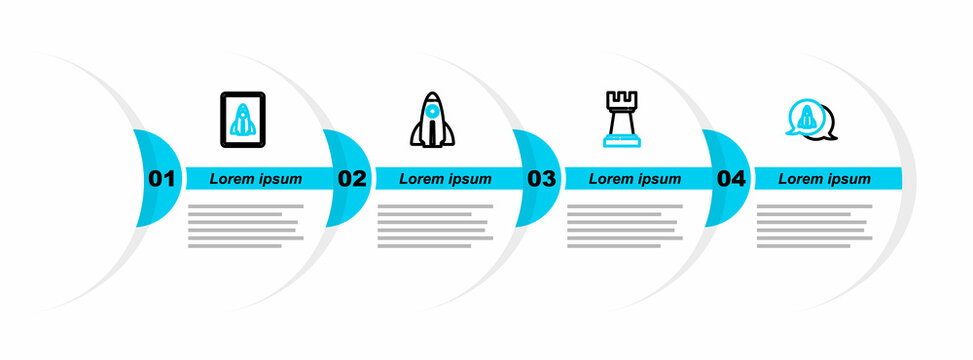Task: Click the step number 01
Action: click(161, 180)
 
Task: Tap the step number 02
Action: click(352, 180)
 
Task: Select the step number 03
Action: click(541, 180)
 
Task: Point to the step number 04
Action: click(731, 180)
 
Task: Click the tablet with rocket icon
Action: click(241, 120)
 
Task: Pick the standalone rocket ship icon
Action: click(430, 120)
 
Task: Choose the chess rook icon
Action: click(620, 120)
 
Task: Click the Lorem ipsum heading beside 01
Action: click(256, 179)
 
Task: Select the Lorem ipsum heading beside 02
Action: click(445, 179)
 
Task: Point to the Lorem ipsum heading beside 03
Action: click(635, 179)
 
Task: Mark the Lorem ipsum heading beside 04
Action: click(824, 179)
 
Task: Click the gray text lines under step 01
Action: click(244, 226)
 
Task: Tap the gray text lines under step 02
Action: click(434, 226)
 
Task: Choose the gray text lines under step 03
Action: click(623, 226)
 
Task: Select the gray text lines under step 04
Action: click(813, 226)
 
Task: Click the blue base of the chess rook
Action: click(620, 142)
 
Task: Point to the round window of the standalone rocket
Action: click(430, 112)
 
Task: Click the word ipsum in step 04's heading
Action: click(847, 179)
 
